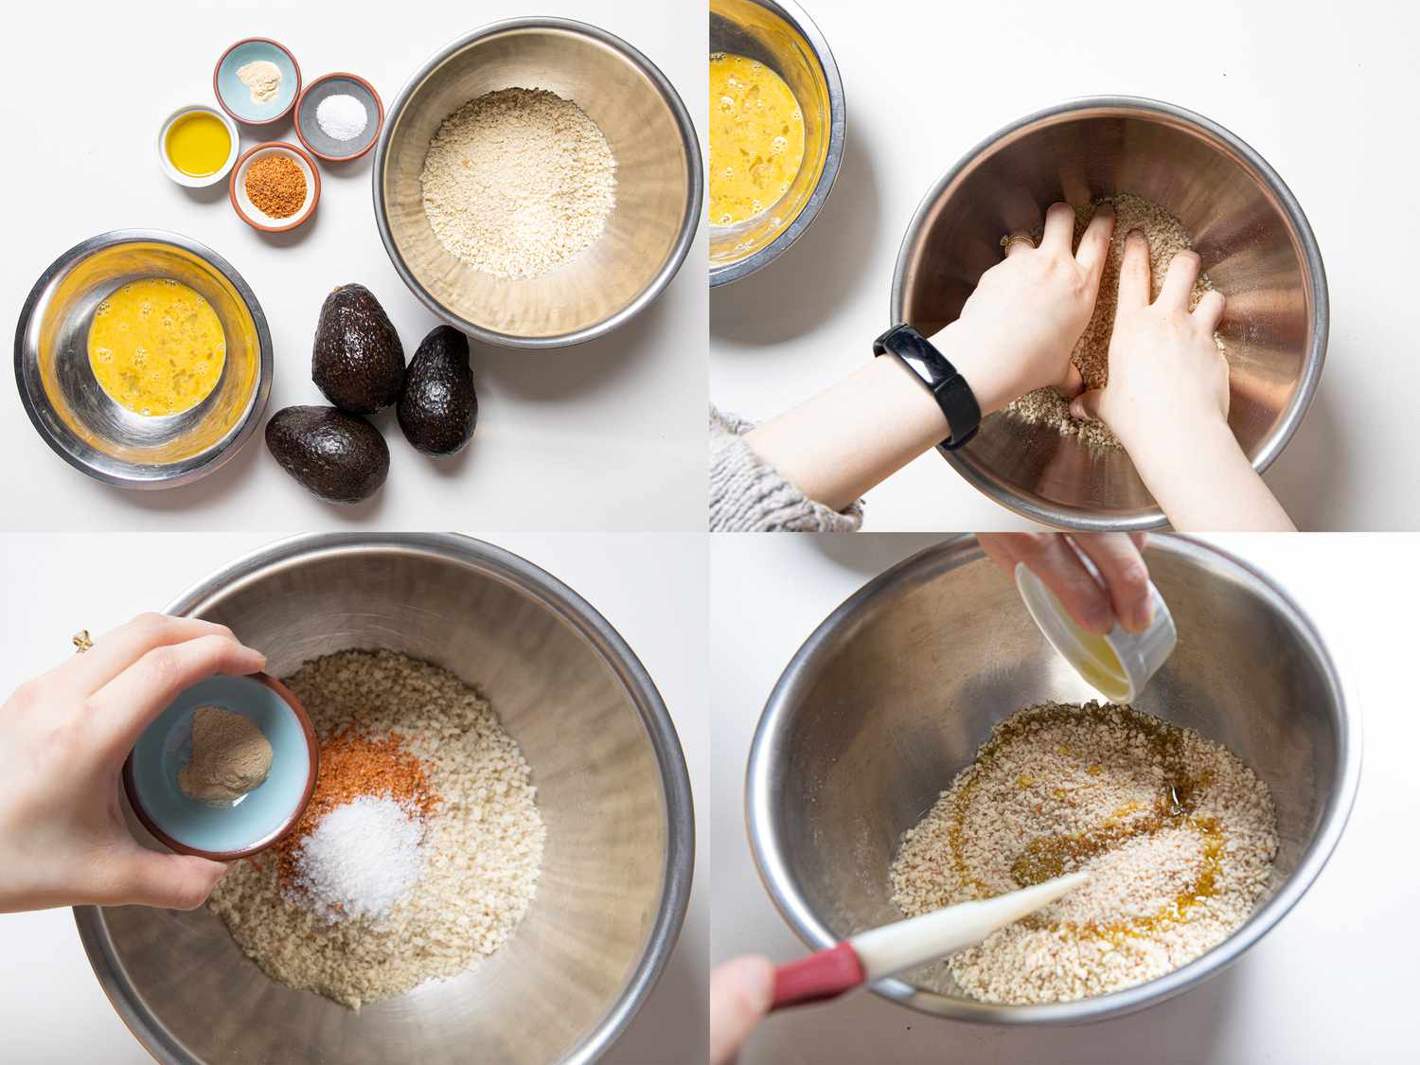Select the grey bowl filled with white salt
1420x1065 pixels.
pyautogui.click(x=338, y=115)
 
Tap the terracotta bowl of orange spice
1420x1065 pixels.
pyautogui.click(x=275, y=185)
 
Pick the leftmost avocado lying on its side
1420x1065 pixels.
pyautogui.click(x=327, y=452)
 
